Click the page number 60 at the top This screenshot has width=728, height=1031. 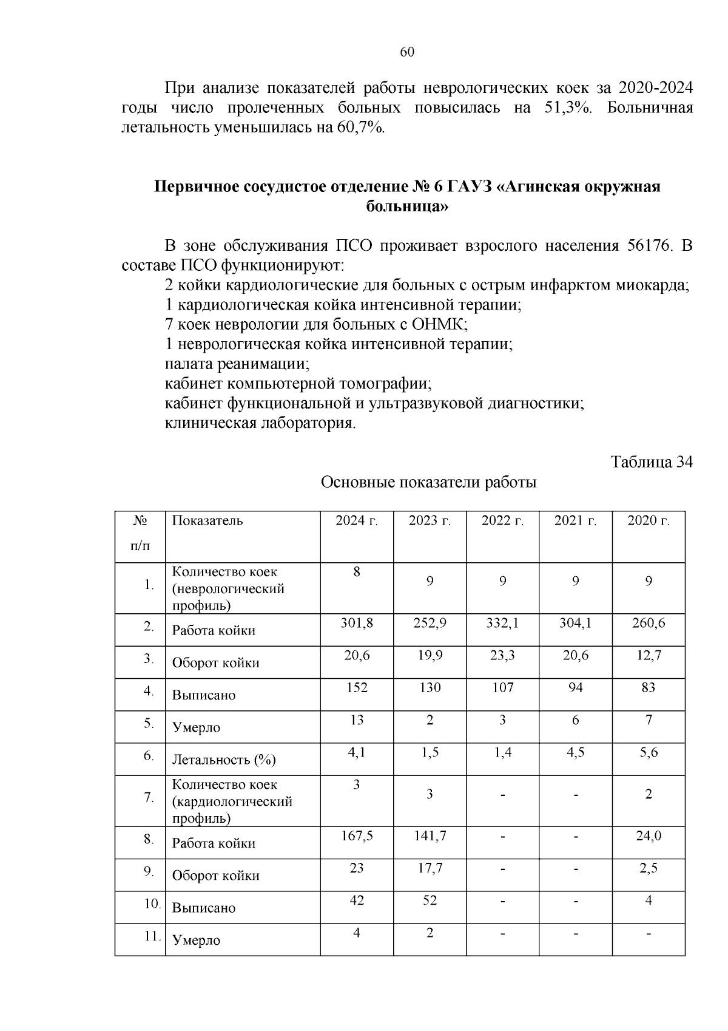click(407, 52)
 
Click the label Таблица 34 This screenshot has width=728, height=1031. click(651, 462)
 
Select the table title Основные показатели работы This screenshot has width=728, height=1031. click(428, 483)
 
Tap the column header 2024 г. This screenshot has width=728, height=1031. click(357, 521)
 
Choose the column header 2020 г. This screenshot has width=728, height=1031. click(648, 521)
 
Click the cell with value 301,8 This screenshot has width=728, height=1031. click(357, 623)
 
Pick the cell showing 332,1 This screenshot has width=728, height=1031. click(502, 623)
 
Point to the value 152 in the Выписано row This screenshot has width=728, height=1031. click(357, 688)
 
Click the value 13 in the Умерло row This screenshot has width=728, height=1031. click(357, 720)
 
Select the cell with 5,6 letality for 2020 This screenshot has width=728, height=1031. click(648, 752)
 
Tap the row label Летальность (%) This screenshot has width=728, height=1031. click(224, 760)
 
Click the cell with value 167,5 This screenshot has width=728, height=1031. click(357, 836)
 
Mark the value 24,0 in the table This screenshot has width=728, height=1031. click(648, 836)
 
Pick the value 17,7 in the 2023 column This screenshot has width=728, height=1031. click(430, 868)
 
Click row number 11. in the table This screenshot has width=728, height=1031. click(152, 936)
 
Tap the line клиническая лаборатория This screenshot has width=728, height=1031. click(260, 423)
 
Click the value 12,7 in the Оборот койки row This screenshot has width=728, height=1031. click(648, 655)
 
